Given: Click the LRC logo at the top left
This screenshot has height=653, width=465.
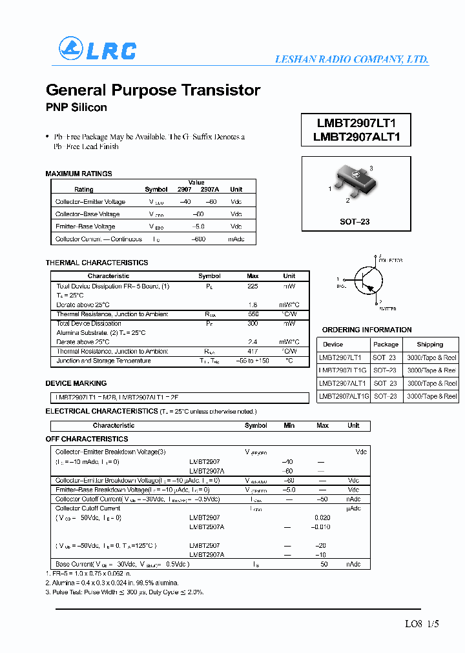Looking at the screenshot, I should click(x=98, y=50).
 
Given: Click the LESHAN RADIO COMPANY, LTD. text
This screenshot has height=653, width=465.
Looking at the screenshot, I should click(x=351, y=59).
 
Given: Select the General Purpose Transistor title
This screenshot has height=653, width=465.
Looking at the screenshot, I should click(x=153, y=90).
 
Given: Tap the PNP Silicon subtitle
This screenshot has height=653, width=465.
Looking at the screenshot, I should click(x=76, y=108).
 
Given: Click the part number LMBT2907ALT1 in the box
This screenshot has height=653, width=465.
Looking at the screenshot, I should click(x=356, y=137).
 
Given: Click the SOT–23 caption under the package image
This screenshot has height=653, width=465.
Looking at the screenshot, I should click(x=355, y=221).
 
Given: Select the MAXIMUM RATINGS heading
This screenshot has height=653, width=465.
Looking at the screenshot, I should click(x=79, y=174).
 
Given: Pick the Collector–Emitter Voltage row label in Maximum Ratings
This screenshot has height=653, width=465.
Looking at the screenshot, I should click(x=90, y=202).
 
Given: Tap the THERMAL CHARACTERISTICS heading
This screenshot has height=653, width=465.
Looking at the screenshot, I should click(x=97, y=263).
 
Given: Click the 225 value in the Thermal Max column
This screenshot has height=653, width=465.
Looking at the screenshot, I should click(x=253, y=286).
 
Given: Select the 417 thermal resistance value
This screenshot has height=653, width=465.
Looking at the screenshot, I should click(x=253, y=352).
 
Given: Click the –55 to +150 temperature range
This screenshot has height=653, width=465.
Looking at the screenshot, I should click(x=253, y=361).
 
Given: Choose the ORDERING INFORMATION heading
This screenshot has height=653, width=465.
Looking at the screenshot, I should click(x=366, y=330).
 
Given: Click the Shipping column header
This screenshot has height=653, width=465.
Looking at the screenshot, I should click(x=429, y=345).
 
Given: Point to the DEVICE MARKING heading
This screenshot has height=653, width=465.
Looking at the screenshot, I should click(x=76, y=383).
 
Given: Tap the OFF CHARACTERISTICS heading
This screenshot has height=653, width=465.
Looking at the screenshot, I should click(x=87, y=439).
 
